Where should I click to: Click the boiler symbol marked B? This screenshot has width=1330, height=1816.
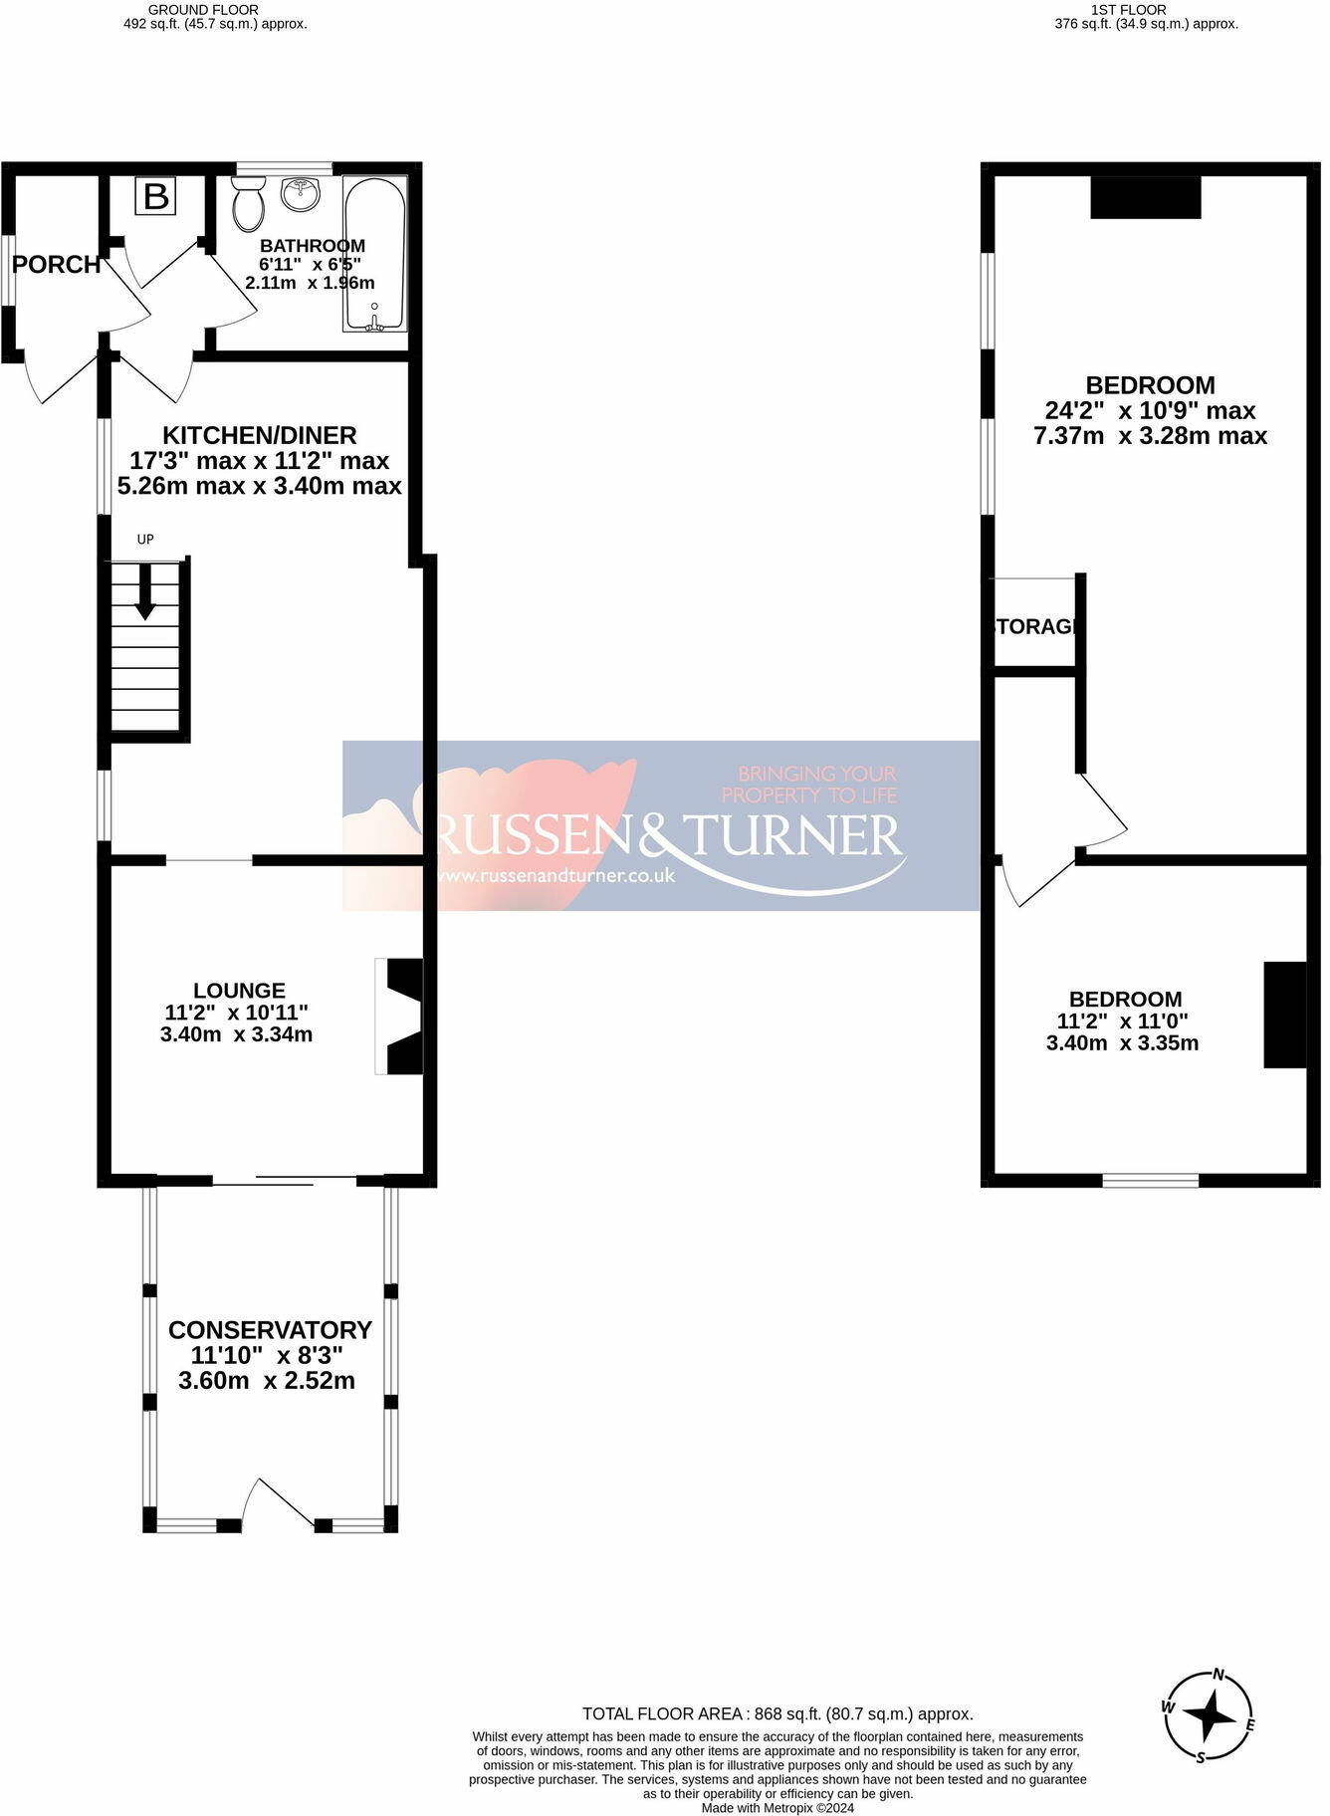point(156,196)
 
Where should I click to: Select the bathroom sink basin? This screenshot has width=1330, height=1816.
point(300,194)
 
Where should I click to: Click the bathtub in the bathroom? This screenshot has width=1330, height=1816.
point(374,254)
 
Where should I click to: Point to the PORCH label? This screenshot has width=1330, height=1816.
point(57,265)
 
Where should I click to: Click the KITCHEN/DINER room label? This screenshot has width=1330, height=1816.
point(259,435)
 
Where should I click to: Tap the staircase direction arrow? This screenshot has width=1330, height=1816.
point(145,592)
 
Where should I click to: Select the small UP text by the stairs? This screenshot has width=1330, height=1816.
point(145,540)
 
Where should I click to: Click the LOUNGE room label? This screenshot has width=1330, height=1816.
point(239,991)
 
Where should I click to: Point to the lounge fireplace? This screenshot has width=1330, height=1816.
point(399,1017)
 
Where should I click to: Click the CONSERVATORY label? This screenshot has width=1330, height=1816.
point(270,1330)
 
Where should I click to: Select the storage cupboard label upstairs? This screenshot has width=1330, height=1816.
point(1035,626)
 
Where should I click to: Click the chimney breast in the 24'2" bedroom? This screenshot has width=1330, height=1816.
point(1146,197)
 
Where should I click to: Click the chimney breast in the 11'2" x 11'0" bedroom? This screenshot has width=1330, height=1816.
point(1284,1015)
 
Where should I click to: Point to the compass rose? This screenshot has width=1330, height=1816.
point(1210,1716)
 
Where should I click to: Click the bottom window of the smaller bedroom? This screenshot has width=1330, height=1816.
point(1150,1181)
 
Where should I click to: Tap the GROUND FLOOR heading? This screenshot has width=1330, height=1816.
point(203,10)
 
